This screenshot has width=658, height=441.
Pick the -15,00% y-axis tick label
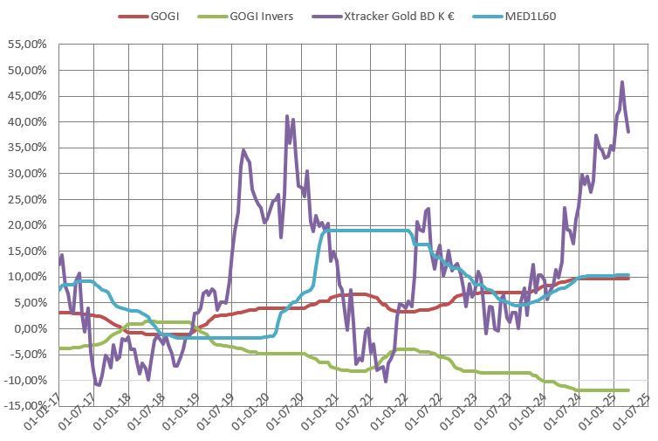point(27,406)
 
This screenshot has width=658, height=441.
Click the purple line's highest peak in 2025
point(622,82)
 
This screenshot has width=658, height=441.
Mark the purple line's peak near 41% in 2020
point(287,116)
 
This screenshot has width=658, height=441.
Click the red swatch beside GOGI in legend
point(132,17)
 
